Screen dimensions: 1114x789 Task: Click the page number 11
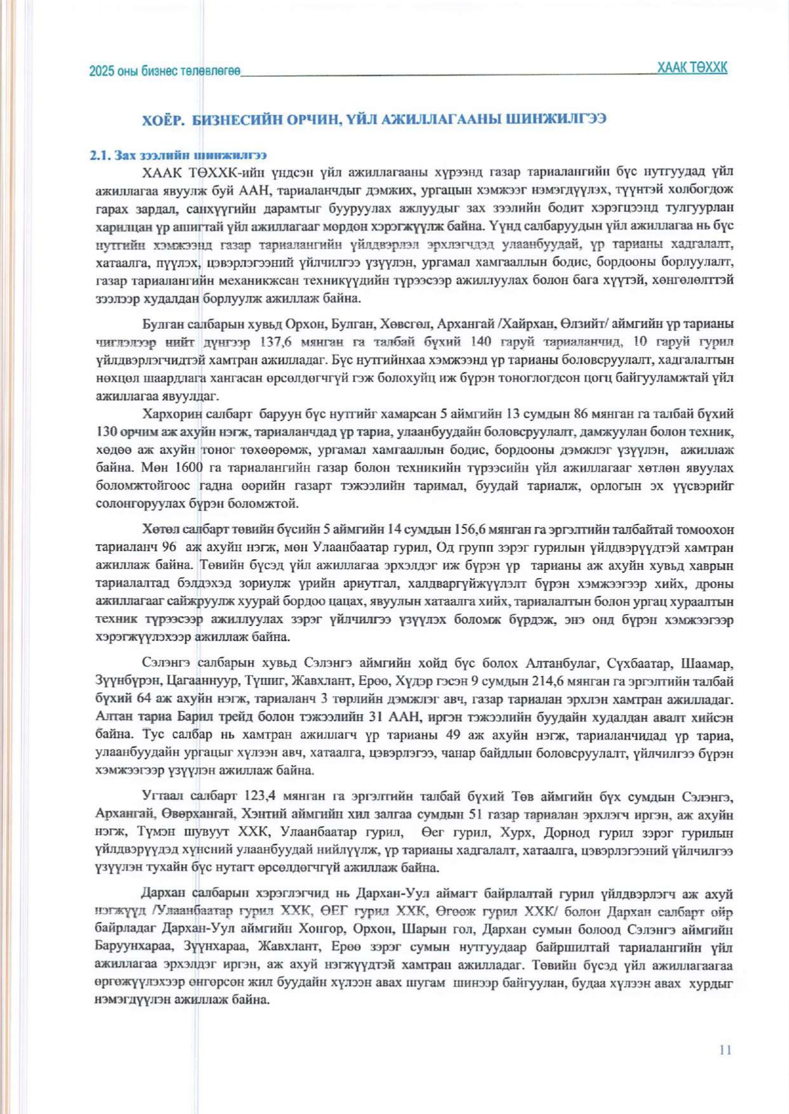click(725, 1049)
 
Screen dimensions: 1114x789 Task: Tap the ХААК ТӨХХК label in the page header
click(692, 67)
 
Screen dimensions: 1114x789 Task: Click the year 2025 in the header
click(101, 72)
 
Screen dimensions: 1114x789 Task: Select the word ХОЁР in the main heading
click(163, 120)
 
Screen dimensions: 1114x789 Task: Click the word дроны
click(715, 583)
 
